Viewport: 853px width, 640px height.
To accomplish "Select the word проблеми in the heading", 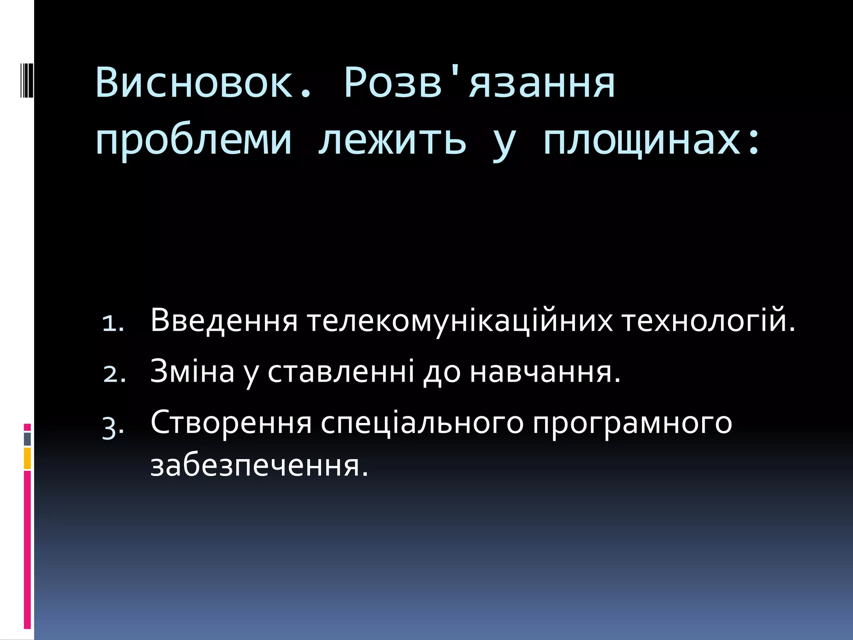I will click(193, 140).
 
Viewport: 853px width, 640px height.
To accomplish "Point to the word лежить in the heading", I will click(392, 140).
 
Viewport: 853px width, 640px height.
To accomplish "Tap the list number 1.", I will click(113, 323).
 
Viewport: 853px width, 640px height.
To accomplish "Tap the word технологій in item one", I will click(708, 320).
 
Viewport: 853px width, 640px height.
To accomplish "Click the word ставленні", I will click(341, 371).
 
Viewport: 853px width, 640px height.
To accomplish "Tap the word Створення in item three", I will click(231, 422).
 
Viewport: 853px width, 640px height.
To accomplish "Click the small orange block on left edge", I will click(27, 458).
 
